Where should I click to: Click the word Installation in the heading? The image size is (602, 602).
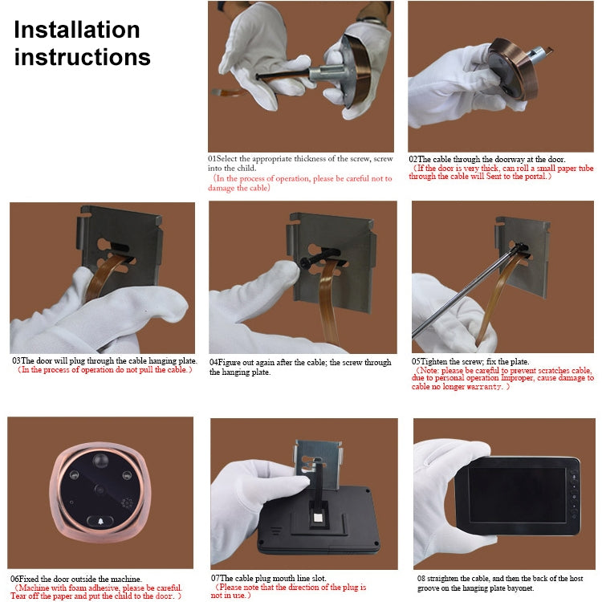(x=77, y=31)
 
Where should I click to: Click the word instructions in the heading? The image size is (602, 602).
(x=83, y=58)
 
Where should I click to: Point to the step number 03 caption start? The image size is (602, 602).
(x=16, y=360)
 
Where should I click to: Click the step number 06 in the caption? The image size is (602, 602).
(x=15, y=578)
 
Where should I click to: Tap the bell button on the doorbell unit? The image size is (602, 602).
(x=100, y=523)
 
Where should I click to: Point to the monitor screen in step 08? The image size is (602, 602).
(x=517, y=495)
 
